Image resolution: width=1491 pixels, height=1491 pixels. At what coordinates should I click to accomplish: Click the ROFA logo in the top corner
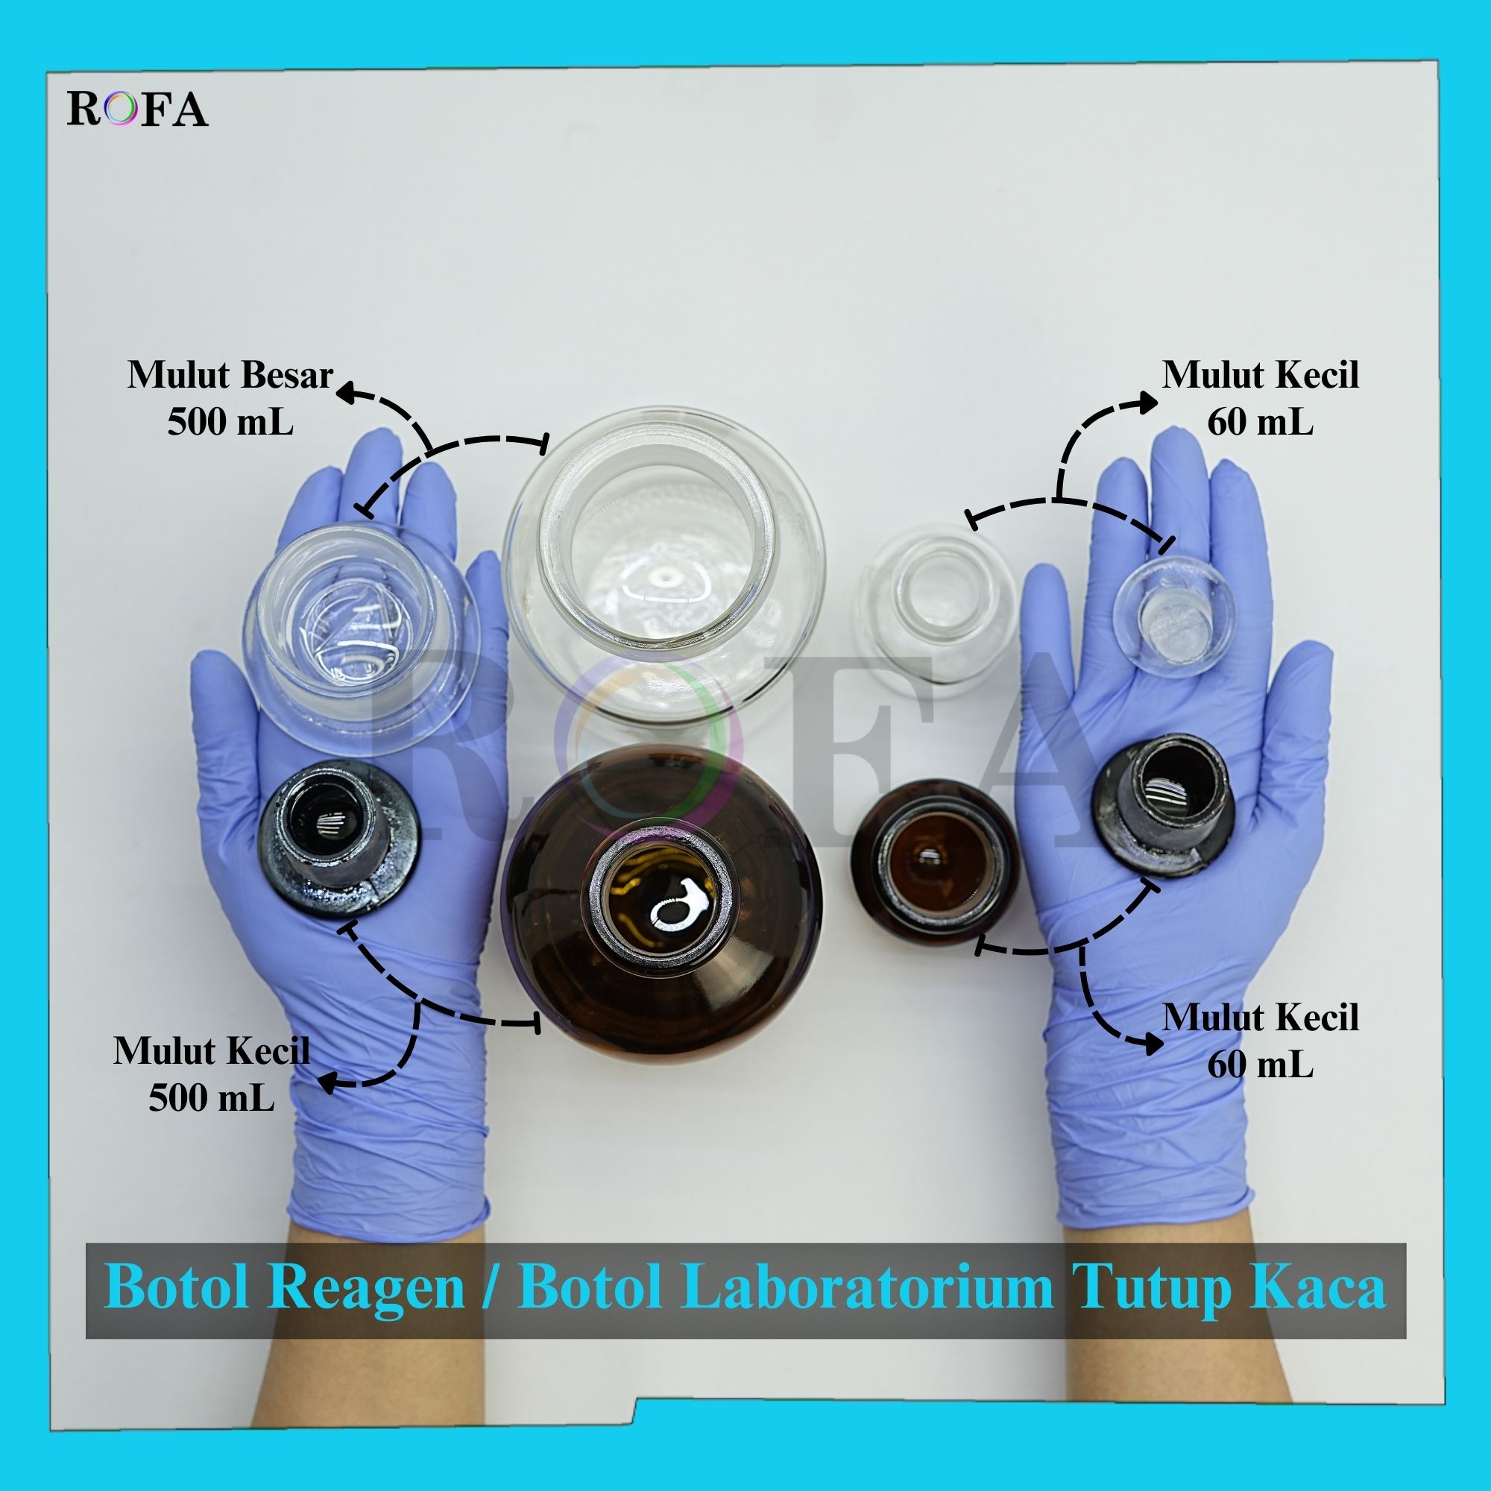137,109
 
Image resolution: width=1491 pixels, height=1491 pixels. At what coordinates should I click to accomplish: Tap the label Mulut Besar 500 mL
230,398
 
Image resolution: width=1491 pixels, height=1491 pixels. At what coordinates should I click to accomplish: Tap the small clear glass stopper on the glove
1175,617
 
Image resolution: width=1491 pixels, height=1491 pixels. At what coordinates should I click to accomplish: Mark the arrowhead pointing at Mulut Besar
353,393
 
